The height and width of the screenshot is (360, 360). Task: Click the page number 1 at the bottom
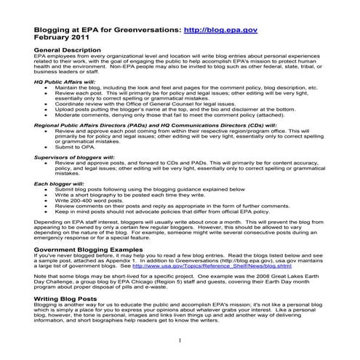(x=180, y=340)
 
